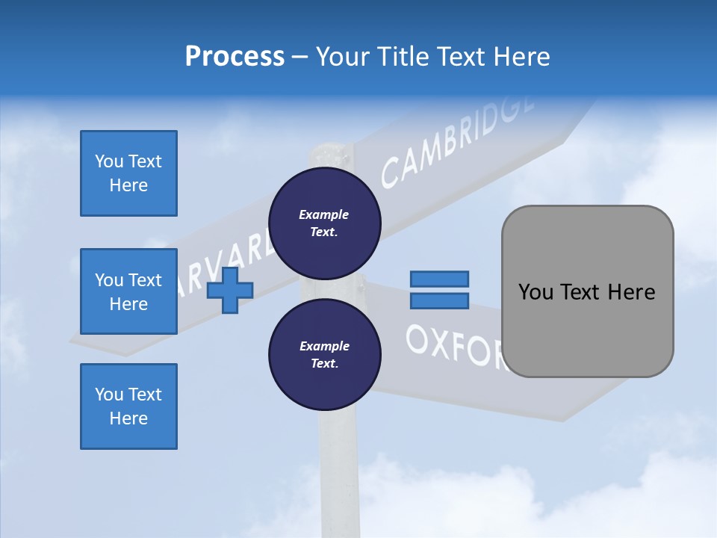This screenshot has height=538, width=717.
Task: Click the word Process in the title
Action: tap(235, 57)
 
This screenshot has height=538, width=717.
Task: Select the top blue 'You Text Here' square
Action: tap(128, 173)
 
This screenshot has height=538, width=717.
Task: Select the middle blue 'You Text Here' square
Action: tap(128, 291)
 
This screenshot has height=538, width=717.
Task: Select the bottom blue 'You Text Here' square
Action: tap(128, 406)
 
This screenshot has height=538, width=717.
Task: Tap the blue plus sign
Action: tap(230, 291)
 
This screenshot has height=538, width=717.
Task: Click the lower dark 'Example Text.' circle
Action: tap(325, 355)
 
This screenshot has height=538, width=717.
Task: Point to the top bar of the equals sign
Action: tap(439, 279)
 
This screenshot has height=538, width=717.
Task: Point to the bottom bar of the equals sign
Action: tap(439, 300)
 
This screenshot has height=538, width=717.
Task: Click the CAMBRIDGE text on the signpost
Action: tap(457, 142)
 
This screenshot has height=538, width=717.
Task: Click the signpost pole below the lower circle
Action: tap(339, 463)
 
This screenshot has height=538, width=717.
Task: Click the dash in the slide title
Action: tap(299, 57)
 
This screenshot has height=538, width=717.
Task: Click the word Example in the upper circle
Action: tap(324, 214)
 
